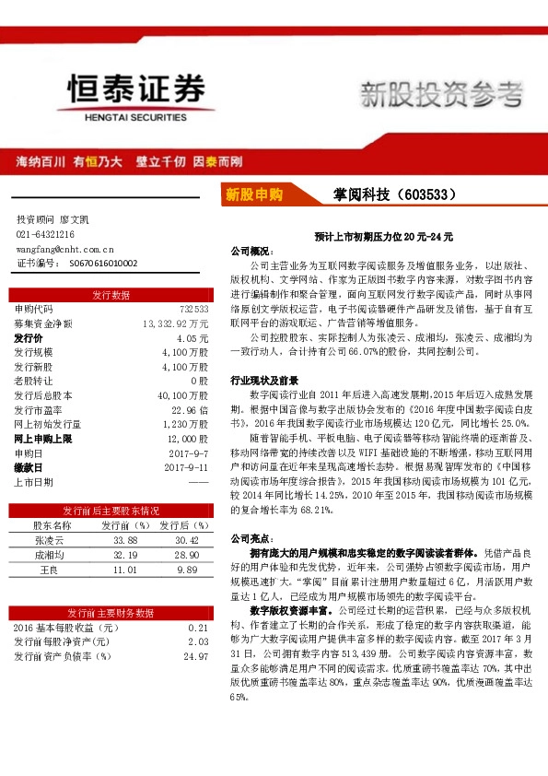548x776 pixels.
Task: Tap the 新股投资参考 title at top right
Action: (x=439, y=94)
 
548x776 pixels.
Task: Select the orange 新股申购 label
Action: (x=254, y=194)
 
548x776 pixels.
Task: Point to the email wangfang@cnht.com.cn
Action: (x=64, y=249)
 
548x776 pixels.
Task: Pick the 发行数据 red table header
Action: (x=111, y=295)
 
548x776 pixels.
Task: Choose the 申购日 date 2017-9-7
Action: (x=192, y=453)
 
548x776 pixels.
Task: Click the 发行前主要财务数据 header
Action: (x=111, y=612)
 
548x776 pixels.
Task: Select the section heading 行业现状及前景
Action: (x=263, y=380)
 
